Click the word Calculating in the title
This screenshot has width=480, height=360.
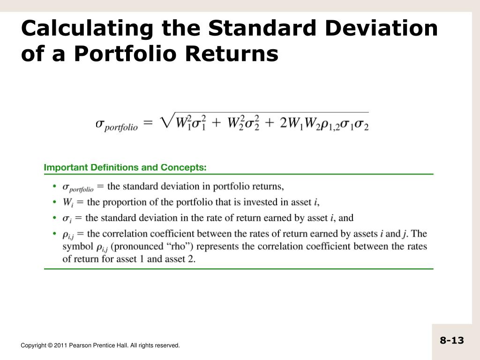87,29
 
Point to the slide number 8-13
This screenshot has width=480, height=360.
451,340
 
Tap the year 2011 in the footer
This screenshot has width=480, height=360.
60,345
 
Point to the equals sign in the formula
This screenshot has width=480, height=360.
148,123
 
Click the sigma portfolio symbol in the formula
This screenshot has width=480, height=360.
117,125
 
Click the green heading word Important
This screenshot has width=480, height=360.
63,167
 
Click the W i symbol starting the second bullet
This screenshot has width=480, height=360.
67,202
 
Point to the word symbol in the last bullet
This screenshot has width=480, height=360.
76,247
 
